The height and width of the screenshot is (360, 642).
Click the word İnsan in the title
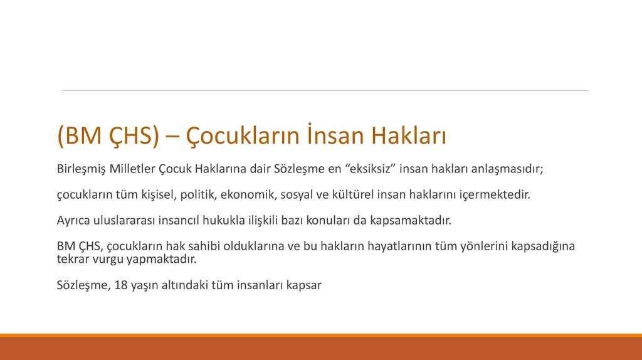(x=335, y=136)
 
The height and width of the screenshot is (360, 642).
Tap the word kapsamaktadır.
(x=413, y=221)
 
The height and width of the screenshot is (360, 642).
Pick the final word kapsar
(x=304, y=285)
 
